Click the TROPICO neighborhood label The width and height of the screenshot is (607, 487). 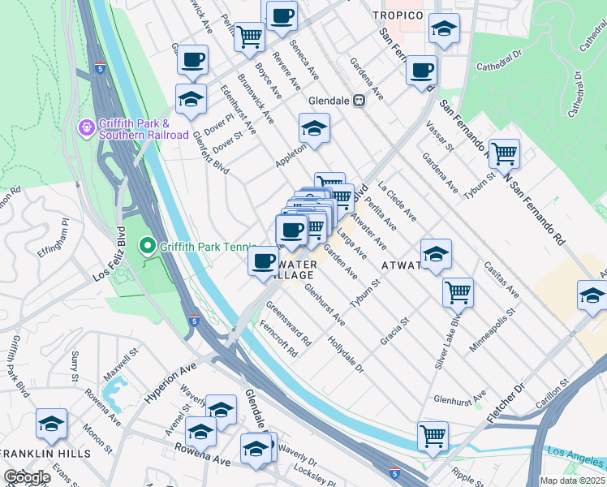pos(398,15)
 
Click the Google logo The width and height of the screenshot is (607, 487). pos(27,477)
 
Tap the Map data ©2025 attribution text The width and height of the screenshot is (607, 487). pos(572,481)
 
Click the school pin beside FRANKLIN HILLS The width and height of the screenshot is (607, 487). pos(51,423)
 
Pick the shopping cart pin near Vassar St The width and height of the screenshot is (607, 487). pos(504,152)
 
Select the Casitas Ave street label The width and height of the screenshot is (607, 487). pos(500,278)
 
